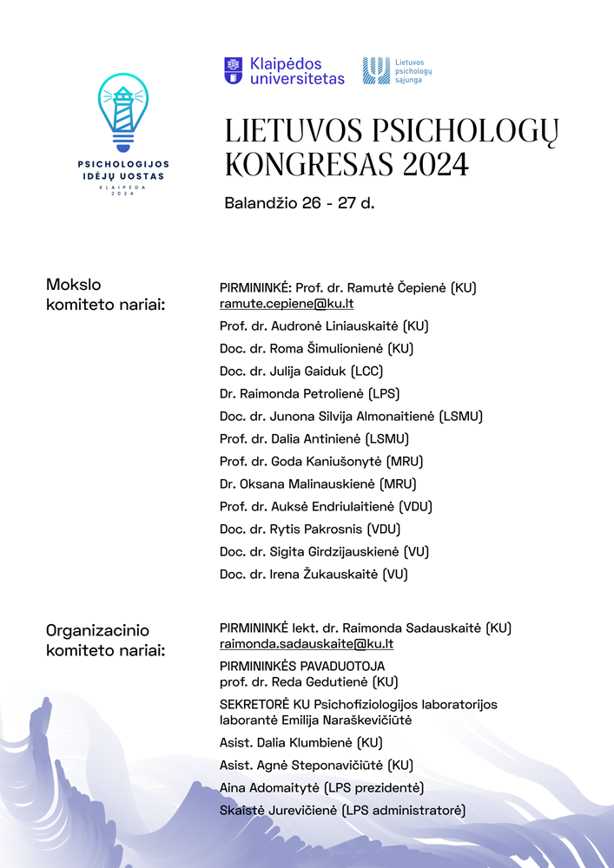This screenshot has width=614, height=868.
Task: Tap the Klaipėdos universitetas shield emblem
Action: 233,70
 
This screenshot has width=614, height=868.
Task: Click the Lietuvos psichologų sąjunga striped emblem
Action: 375,70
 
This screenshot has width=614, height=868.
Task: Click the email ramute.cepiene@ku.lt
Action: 287,304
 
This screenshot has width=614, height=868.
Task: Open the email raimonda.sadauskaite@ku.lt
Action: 307,644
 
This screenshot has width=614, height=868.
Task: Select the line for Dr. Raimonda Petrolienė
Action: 309,394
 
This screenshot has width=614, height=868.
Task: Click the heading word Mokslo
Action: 74,285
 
